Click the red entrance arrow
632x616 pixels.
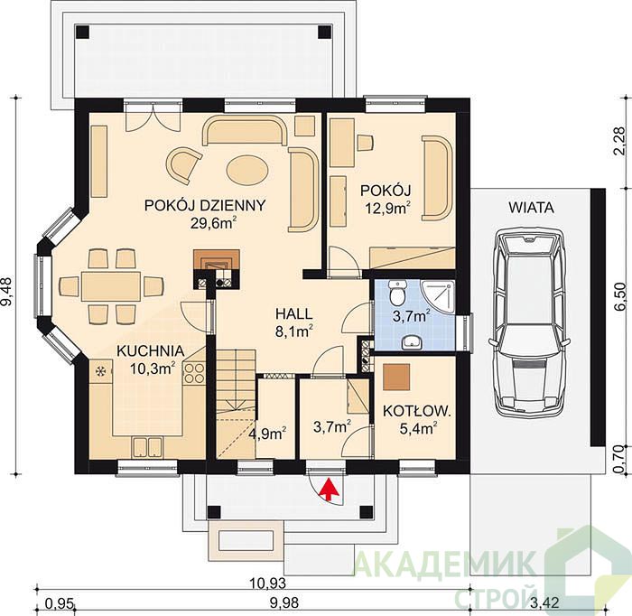pos(330,489)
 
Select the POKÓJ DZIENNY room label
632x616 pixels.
pos(205,205)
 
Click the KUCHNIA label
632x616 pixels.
pos(151,350)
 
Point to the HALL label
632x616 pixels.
pos(293,313)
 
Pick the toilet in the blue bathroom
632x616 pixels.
pos(398,293)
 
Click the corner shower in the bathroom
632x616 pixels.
pos(437,297)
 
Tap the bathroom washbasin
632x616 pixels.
pos(412,342)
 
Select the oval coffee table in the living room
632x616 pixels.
pos(247,170)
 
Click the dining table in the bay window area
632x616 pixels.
pos(111,285)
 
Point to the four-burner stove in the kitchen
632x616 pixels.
pos(194,373)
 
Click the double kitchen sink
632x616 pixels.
pos(148,447)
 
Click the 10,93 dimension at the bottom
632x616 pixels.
pos(267,583)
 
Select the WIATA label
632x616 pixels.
pos(531,208)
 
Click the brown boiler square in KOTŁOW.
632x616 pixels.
pos(396,377)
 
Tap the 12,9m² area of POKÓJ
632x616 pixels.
pos(387,208)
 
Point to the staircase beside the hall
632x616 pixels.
pos(237,404)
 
